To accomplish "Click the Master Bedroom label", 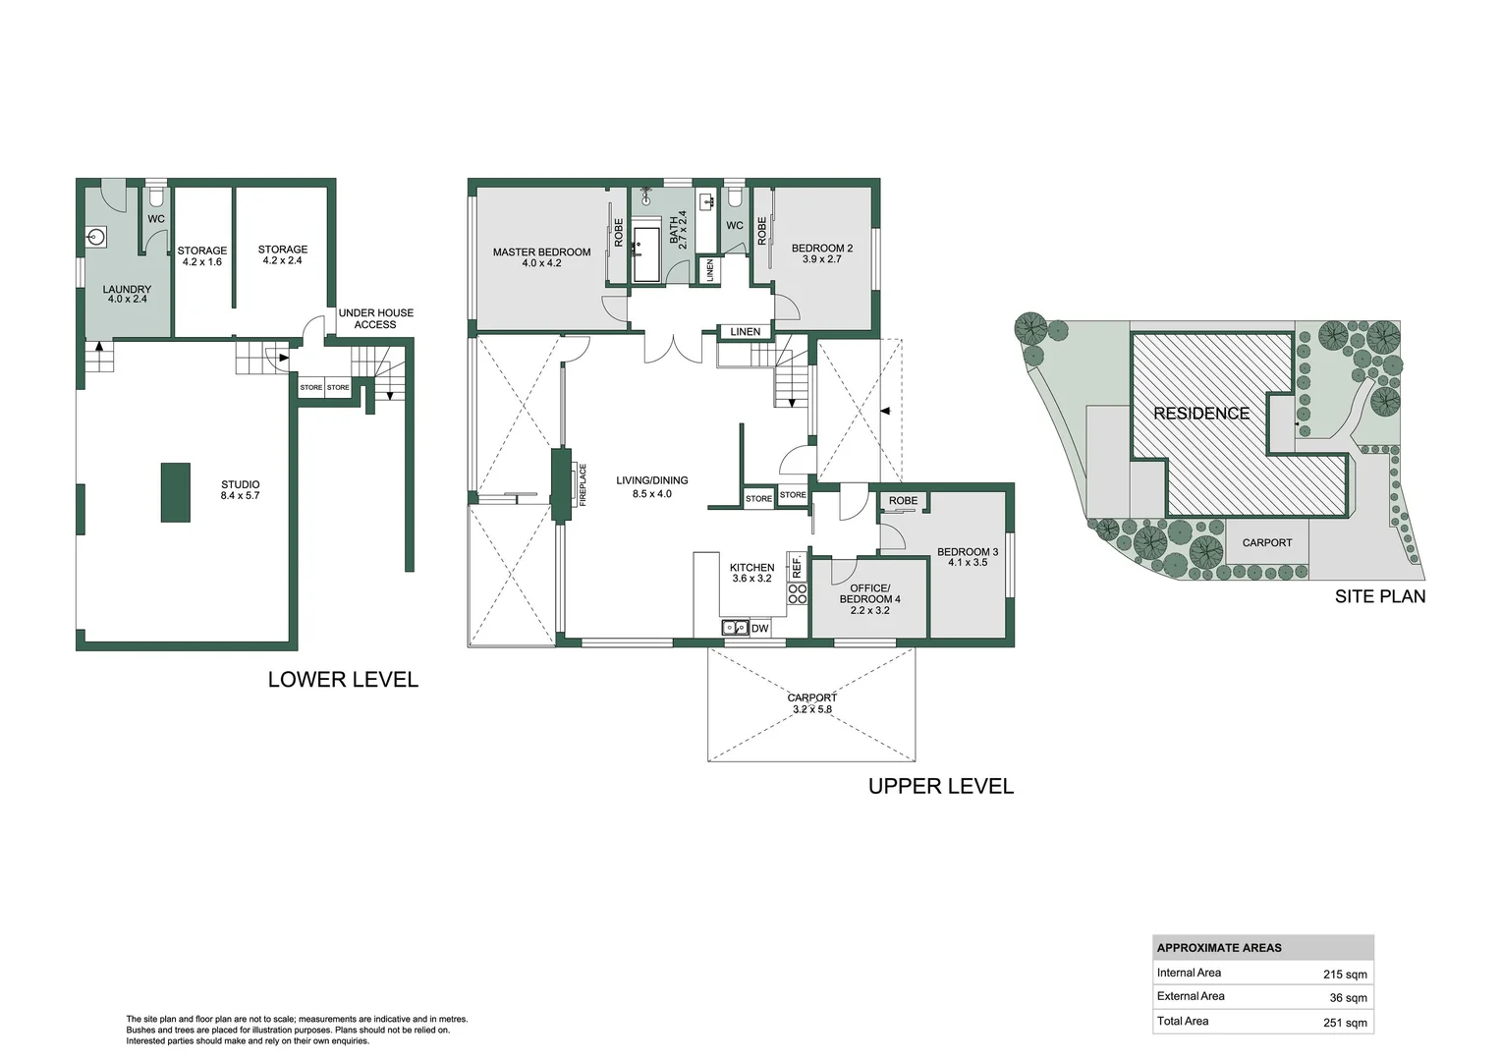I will point(541,252).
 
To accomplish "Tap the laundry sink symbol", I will point(96,237).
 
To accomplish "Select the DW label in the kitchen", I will point(759,629).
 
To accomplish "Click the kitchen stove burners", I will point(798,593).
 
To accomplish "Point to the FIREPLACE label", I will point(583,484).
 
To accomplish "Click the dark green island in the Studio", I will point(176,492).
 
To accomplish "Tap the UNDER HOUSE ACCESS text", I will point(375,319).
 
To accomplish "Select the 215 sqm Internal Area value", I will point(1344,975).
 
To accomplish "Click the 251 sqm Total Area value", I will point(1344,1023).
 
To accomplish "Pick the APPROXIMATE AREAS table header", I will point(1219,948).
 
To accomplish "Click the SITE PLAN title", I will point(1379,596).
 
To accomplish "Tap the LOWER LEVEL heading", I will point(343,680).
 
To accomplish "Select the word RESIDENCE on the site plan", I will point(1200,414).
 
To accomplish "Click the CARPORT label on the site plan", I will point(1266,542).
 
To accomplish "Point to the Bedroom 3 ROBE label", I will point(903,501).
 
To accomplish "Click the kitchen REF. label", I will point(797,566).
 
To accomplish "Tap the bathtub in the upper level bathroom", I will point(646,254).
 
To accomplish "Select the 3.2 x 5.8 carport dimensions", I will point(811,709).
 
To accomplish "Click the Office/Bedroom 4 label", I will point(869,593).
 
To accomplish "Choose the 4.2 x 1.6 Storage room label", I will point(201,262).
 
